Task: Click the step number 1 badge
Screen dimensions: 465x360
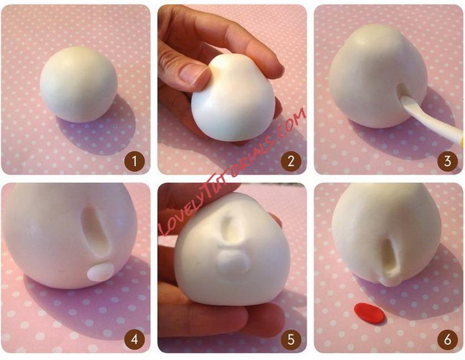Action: coord(135,161)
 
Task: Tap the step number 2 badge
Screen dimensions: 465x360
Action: coord(291,161)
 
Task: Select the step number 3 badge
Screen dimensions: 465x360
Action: coord(447,161)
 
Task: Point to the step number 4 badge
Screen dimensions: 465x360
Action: coord(135,339)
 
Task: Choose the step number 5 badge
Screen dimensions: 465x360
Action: coord(291,339)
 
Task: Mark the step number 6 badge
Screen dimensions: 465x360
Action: coord(447,339)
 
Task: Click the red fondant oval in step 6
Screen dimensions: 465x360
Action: coord(369,313)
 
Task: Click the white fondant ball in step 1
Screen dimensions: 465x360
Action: coord(79,84)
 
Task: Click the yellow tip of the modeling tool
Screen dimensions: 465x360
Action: coord(463,142)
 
